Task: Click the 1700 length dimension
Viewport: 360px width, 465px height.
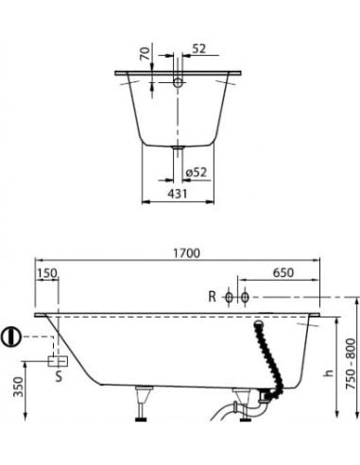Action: coord(187,253)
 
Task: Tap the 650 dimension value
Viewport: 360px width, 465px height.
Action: coord(283,273)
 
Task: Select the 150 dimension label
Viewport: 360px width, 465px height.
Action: coord(47,273)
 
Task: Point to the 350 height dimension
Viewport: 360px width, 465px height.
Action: coord(19,387)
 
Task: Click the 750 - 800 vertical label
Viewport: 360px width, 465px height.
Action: coord(351,364)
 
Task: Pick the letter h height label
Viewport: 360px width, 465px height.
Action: coord(329,373)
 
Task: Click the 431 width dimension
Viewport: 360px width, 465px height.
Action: coord(178,194)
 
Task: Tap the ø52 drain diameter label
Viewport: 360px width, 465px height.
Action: coord(197,172)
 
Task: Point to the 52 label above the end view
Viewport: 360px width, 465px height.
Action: coord(198,49)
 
